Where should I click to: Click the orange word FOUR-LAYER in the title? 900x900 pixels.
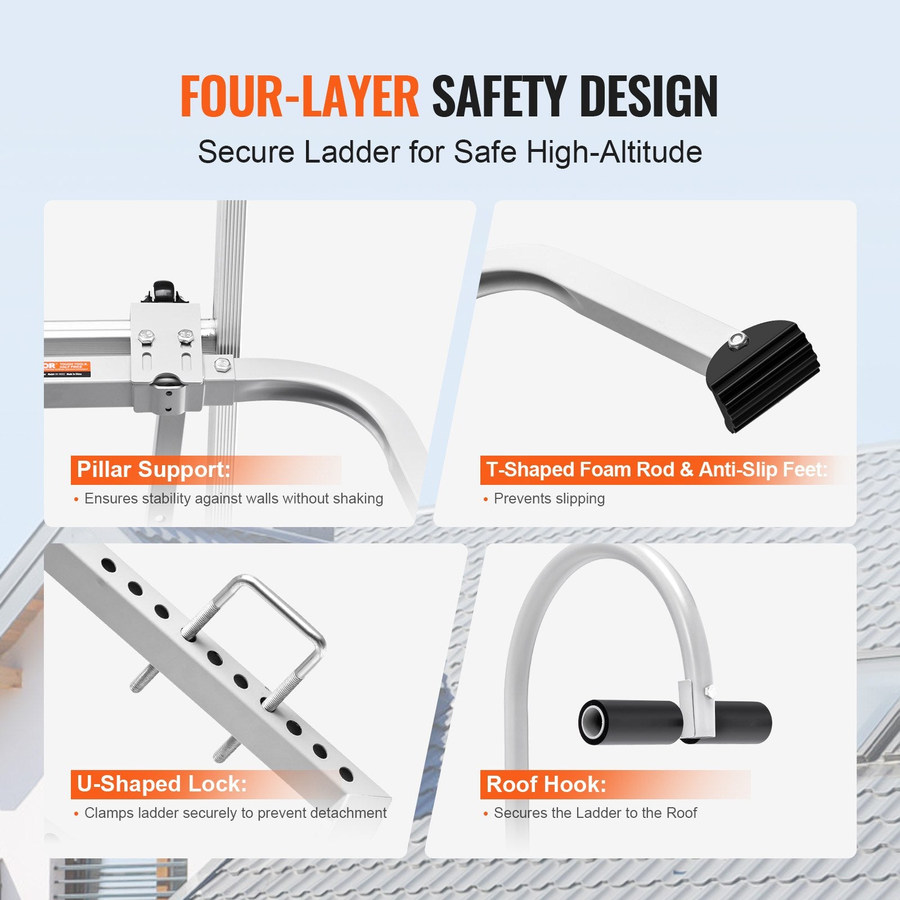[299, 97]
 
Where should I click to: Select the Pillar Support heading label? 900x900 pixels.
[154, 469]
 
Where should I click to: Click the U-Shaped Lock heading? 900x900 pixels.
[162, 784]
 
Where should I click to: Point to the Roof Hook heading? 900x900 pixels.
[546, 784]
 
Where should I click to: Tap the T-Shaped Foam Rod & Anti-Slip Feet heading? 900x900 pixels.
[656, 469]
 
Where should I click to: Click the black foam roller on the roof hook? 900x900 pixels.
[731, 723]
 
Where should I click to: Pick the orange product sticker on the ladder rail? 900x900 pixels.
[67, 369]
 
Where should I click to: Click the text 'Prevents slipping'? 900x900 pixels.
[549, 498]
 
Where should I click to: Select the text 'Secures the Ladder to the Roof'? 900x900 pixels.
[595, 813]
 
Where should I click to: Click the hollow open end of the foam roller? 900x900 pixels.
[592, 723]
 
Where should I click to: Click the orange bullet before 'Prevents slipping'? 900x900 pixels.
[486, 499]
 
